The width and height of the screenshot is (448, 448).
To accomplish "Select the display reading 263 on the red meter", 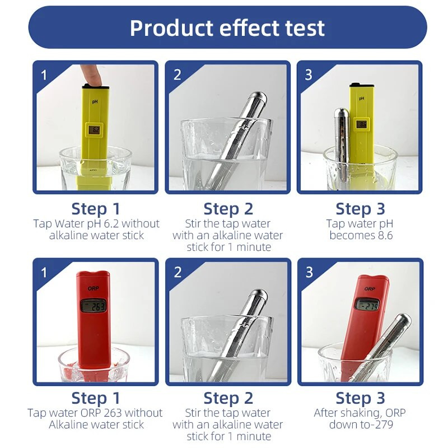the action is click(x=94, y=306).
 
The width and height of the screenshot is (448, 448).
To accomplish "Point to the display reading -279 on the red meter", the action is click(x=367, y=305).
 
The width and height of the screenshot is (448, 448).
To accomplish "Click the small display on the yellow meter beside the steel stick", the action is click(x=361, y=124).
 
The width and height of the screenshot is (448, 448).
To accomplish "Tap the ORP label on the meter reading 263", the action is click(x=94, y=288).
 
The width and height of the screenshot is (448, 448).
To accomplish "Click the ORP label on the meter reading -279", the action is click(x=370, y=289).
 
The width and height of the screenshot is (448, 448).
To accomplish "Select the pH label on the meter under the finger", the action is click(x=95, y=101).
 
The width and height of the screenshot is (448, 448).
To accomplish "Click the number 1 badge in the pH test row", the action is click(x=44, y=75).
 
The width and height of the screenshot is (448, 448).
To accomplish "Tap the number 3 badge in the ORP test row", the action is click(x=309, y=272).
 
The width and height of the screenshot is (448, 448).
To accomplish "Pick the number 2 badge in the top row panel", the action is click(x=177, y=75).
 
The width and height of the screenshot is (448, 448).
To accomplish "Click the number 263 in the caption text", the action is click(x=113, y=413).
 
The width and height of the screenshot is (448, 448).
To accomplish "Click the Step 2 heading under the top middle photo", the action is click(x=228, y=209).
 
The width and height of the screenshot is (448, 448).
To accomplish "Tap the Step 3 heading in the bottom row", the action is click(x=361, y=398).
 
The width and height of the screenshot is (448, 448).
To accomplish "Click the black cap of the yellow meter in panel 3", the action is click(x=361, y=85).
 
